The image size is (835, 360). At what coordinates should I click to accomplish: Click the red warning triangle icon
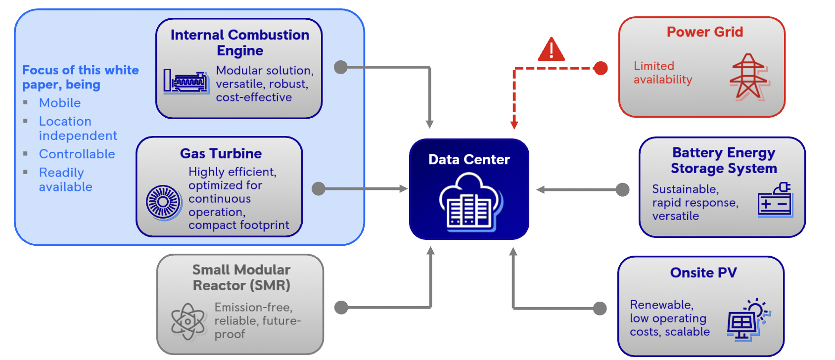(x=551, y=50)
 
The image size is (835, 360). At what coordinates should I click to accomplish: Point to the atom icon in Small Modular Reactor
(x=187, y=321)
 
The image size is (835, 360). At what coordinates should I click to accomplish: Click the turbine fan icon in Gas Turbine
(x=163, y=202)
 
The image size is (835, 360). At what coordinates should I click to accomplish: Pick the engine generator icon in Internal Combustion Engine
(x=186, y=81)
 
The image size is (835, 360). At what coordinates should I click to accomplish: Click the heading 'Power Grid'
(x=704, y=32)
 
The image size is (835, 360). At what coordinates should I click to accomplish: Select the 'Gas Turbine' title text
(x=221, y=154)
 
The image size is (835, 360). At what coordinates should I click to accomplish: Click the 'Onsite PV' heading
(x=703, y=273)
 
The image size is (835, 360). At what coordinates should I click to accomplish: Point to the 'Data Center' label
(x=469, y=160)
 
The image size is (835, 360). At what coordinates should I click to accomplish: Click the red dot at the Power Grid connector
(x=601, y=68)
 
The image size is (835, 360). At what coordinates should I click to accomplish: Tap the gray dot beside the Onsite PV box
(x=600, y=309)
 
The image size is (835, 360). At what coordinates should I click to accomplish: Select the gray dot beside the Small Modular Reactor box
(x=341, y=308)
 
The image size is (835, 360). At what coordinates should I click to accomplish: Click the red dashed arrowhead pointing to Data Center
(x=514, y=125)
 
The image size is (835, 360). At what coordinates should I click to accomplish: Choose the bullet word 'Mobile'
(x=60, y=103)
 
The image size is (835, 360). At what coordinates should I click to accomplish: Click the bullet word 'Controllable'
(x=77, y=154)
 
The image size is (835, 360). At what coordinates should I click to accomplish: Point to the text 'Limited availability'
(x=662, y=73)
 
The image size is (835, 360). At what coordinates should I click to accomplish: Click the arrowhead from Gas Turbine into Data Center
(x=403, y=189)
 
